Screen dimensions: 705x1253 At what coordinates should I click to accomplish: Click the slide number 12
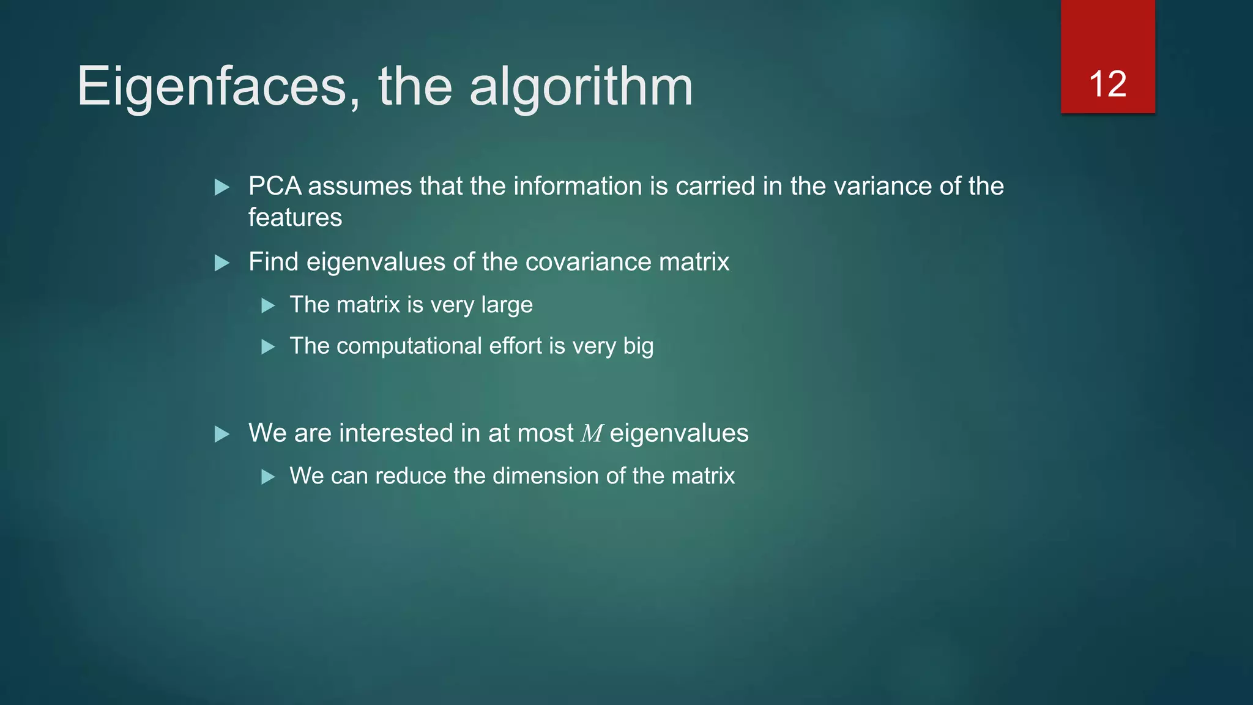[1107, 84]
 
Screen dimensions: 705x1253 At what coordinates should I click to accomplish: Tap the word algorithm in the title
[581, 87]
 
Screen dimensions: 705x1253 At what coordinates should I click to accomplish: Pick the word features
[295, 217]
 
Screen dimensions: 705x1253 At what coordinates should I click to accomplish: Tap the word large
[507, 305]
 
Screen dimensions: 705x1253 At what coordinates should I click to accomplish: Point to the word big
[638, 346]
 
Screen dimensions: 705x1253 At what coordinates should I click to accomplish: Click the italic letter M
[592, 434]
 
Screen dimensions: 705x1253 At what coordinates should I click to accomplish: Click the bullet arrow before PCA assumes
[222, 187]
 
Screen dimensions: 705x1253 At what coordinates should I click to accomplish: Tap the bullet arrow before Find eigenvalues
[222, 263]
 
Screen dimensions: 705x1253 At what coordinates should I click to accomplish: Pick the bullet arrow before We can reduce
[268, 477]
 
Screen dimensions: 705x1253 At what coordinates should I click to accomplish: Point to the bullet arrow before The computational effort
[268, 347]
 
